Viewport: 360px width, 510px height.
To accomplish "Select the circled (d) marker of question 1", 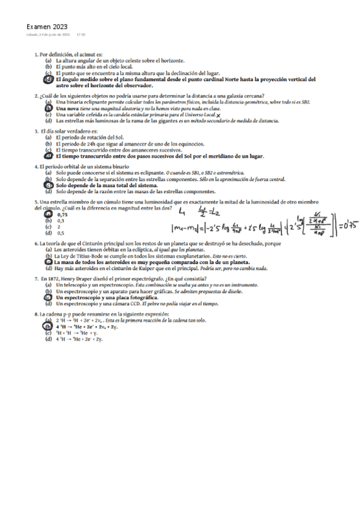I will (48, 79).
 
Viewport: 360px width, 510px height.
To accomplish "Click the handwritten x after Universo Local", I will (218, 115).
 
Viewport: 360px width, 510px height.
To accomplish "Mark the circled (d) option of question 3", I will (48, 156).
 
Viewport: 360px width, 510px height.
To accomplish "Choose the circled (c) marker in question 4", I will (48, 186).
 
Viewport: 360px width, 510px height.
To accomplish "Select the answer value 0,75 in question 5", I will (61, 215).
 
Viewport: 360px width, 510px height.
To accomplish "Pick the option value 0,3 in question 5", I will (60, 221).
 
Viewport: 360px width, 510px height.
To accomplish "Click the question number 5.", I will (37, 202).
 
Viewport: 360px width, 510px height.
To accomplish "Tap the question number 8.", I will (37, 315).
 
